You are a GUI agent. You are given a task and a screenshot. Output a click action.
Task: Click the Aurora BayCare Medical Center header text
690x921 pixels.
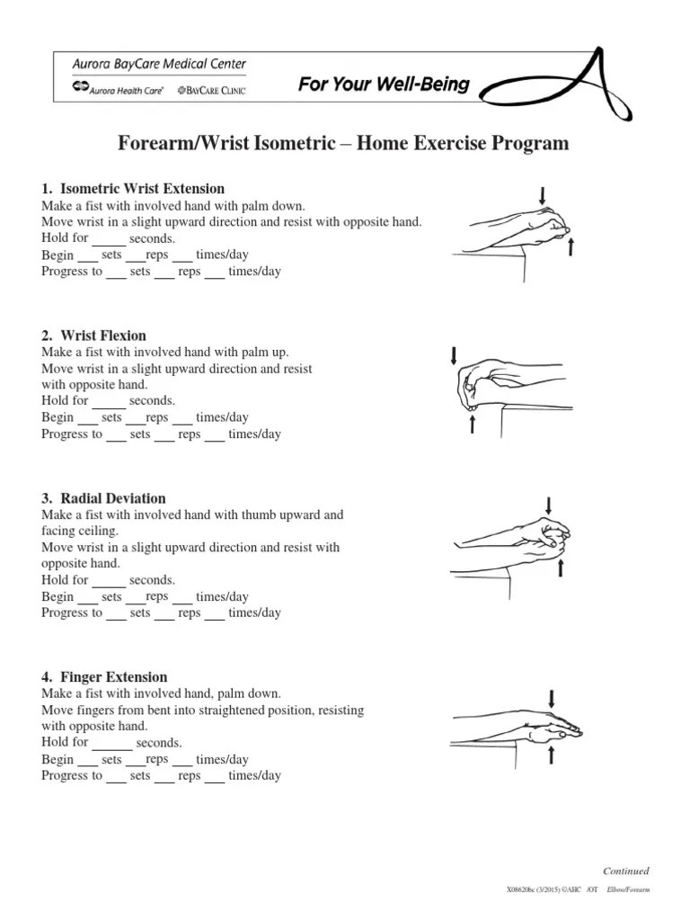[159, 64]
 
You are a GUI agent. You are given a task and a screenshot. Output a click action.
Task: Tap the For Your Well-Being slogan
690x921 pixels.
[384, 85]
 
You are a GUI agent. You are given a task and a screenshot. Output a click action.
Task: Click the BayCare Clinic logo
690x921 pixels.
[213, 90]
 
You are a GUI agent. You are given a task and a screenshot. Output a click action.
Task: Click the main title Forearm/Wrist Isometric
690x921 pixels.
[344, 144]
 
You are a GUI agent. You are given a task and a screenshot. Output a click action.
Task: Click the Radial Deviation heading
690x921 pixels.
[104, 498]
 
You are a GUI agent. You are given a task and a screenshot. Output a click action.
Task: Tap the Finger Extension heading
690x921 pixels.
[105, 677]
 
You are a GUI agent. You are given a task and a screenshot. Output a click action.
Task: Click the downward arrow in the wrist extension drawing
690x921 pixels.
[542, 194]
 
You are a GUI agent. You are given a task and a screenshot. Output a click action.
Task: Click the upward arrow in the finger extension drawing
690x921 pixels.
[551, 755]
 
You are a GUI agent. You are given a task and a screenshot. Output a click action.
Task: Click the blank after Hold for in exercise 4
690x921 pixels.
[111, 743]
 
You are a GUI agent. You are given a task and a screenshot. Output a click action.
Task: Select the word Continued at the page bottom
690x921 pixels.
[625, 871]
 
